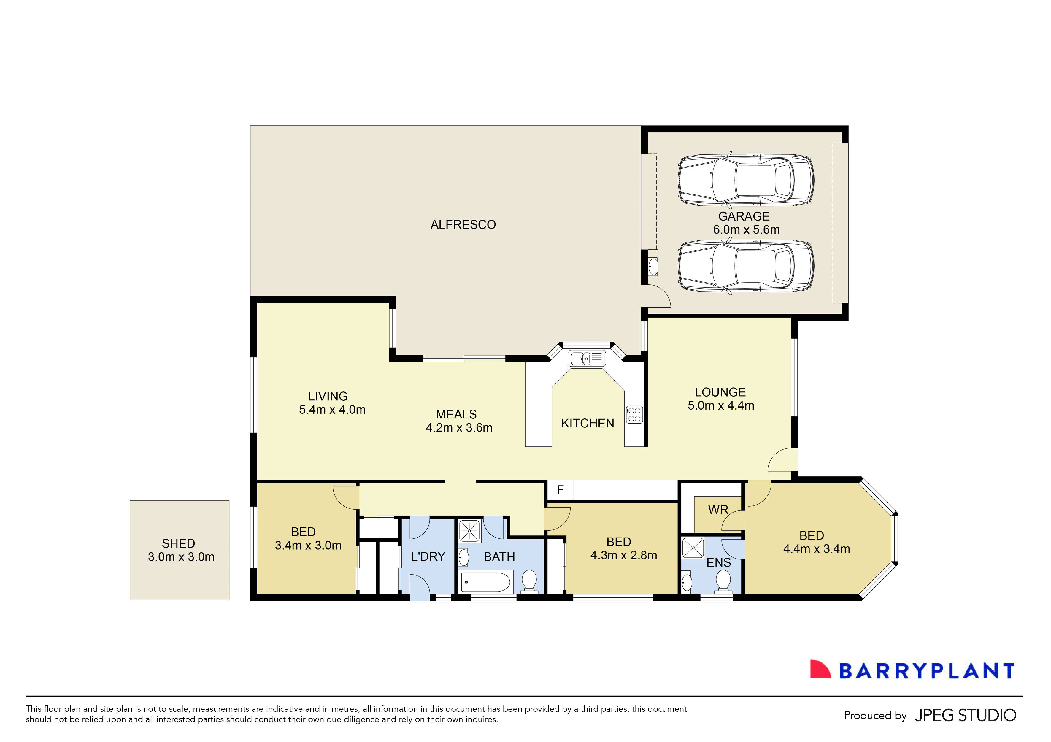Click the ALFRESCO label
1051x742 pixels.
tap(463, 225)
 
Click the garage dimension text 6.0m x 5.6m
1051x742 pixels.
tap(746, 230)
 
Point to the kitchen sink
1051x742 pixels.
tap(587, 359)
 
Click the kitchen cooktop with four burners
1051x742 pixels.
tap(634, 415)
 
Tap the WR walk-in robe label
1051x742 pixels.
tap(718, 510)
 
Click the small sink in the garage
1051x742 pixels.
tap(653, 266)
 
